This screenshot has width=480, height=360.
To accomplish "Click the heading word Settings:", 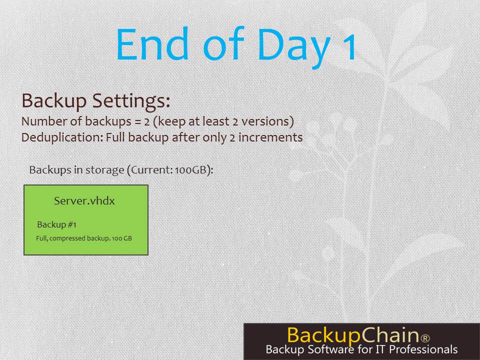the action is click(131, 101).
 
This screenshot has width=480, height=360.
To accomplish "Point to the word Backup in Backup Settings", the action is click(54, 101).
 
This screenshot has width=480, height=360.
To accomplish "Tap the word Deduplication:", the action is click(62, 137).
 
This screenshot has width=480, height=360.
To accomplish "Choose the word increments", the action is click(270, 137).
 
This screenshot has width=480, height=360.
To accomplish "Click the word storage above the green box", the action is click(104, 170).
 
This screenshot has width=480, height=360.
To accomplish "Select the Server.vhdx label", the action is click(84, 201).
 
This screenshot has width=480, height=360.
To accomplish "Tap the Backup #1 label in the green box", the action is click(56, 224).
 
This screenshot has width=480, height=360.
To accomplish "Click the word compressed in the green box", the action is click(67, 238).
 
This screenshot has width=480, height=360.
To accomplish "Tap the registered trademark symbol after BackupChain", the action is click(425, 338).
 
